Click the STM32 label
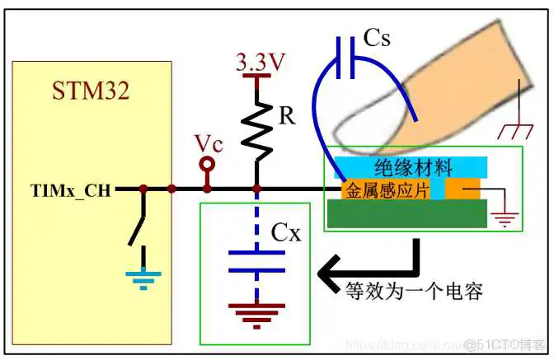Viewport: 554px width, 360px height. pyautogui.click(x=92, y=90)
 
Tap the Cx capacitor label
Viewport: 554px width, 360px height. pyautogui.click(x=286, y=233)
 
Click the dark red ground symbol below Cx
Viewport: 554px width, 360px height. pyautogui.click(x=256, y=311)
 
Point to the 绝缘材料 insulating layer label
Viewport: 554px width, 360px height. pyautogui.click(x=412, y=167)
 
